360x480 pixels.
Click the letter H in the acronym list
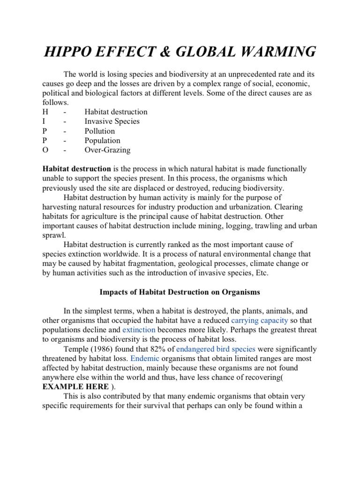(45, 112)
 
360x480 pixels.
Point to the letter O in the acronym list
(45, 150)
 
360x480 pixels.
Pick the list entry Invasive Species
(112, 121)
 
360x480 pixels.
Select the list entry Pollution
(99, 131)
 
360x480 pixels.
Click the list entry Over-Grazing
(107, 150)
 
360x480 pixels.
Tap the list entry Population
(102, 141)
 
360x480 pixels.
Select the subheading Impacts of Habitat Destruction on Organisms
(180, 292)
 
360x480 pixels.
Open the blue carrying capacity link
(261, 321)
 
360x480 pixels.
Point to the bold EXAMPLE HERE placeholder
(75, 387)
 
